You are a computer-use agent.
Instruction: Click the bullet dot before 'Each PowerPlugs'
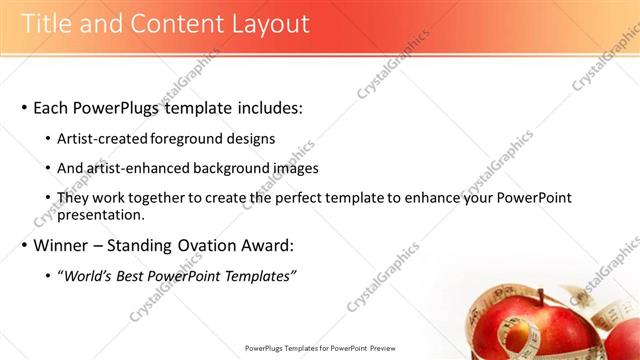(23, 108)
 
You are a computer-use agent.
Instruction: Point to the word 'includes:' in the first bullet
(267, 108)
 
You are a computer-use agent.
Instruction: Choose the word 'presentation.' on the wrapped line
(101, 214)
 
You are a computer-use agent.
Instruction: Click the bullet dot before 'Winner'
(23, 245)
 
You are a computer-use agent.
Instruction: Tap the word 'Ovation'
(208, 245)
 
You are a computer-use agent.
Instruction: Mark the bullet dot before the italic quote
(49, 276)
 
